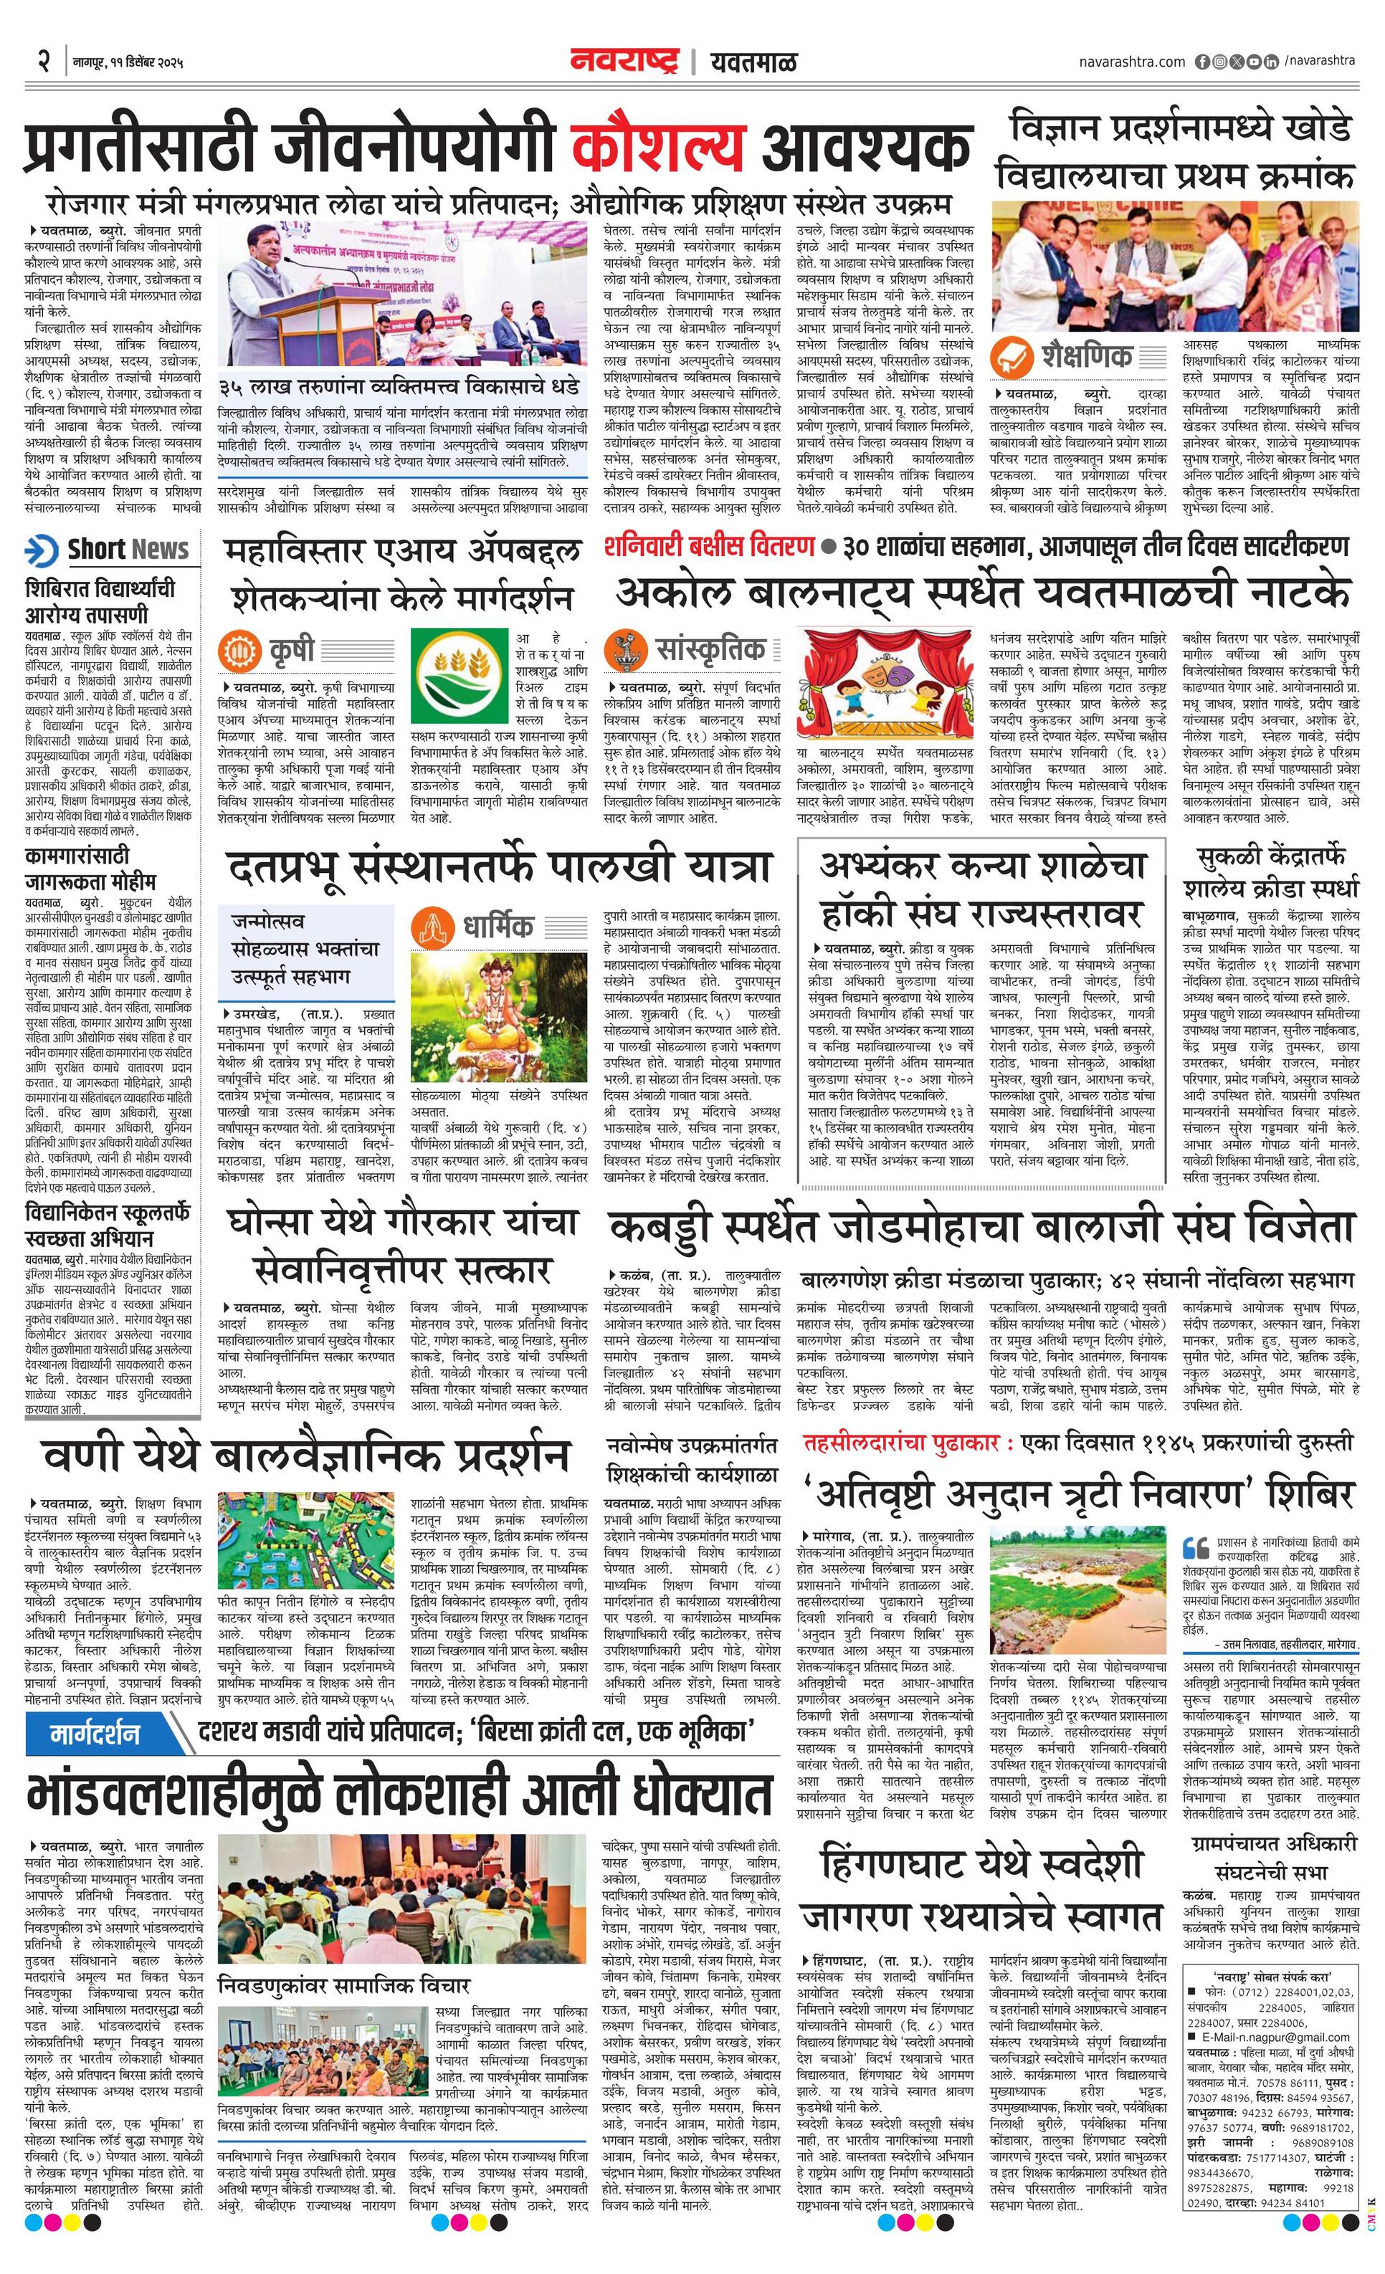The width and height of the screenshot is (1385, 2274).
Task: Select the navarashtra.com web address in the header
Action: click(1131, 62)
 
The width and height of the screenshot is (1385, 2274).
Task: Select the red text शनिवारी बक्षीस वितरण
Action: click(709, 546)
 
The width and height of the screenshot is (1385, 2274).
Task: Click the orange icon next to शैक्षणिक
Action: click(1012, 356)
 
